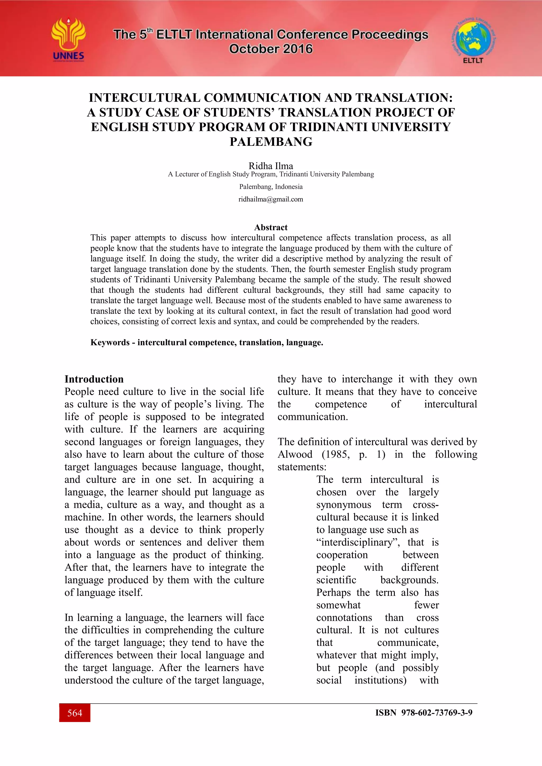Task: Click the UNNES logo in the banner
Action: click(x=69, y=39)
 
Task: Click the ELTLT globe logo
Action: click(x=473, y=39)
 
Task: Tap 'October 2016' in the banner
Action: click(x=271, y=49)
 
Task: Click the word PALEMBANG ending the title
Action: click(x=271, y=142)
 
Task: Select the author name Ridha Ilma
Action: click(x=271, y=166)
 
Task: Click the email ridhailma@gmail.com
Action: click(x=271, y=199)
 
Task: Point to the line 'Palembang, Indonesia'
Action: click(x=271, y=187)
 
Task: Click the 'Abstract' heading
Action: click(x=271, y=227)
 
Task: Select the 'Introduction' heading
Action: click(x=94, y=379)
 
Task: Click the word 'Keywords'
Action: click(x=110, y=343)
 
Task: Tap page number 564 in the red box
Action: click(x=75, y=713)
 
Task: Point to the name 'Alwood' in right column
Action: click(x=295, y=454)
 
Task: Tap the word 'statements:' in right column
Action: click(x=302, y=467)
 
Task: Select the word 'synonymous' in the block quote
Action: click(x=344, y=505)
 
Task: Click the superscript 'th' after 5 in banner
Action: click(x=150, y=31)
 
